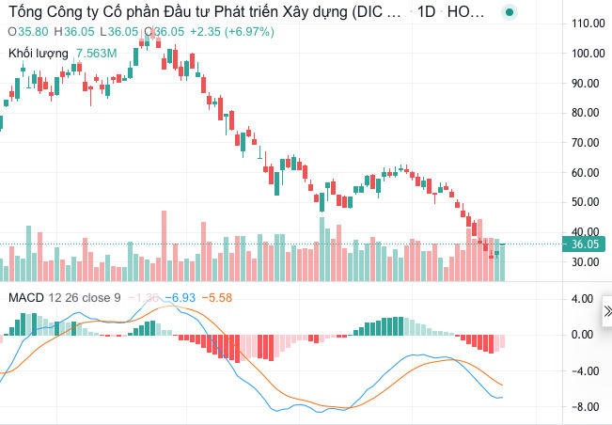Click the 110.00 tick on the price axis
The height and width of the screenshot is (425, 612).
tap(588, 23)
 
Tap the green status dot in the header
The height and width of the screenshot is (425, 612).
tap(509, 13)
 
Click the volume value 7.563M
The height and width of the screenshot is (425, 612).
tap(97, 54)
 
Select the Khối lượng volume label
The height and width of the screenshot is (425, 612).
tap(39, 54)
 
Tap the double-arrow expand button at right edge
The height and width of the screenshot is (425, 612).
tap(606, 310)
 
